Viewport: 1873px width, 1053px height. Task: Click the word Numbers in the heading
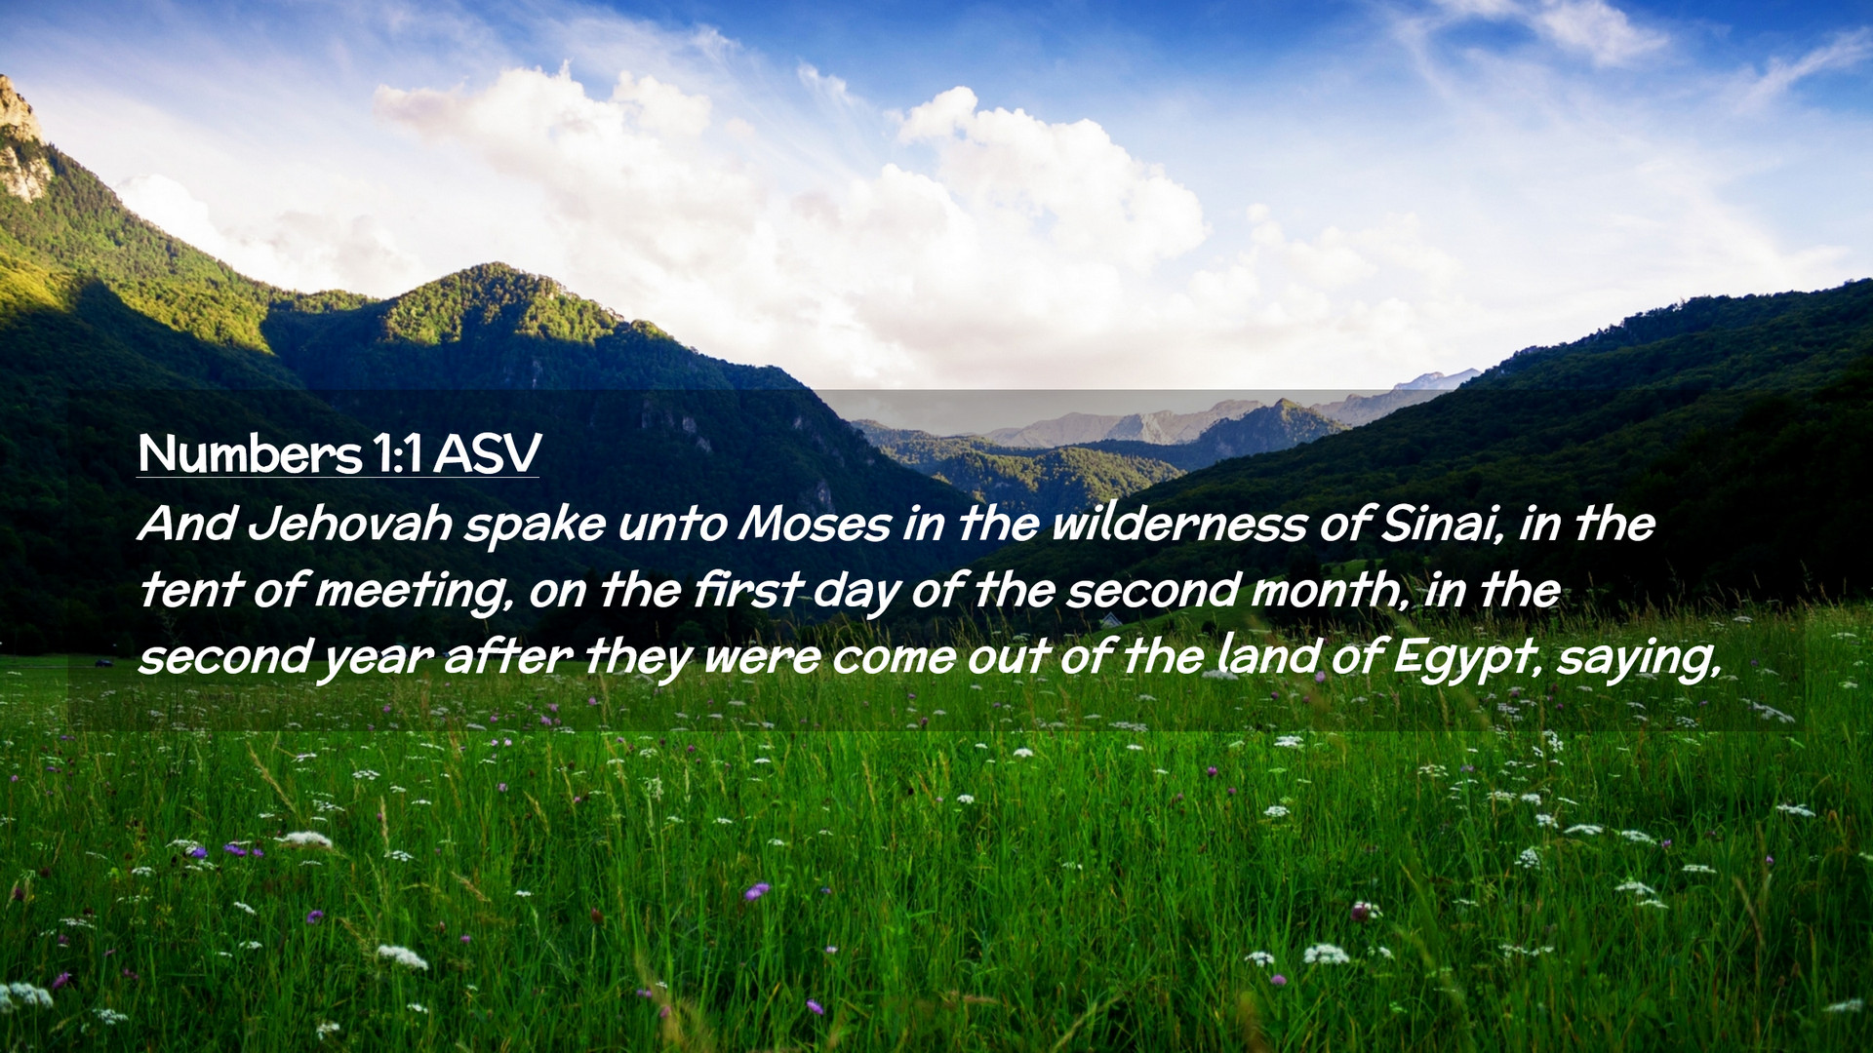click(x=249, y=453)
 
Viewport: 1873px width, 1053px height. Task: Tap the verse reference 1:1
click(x=396, y=453)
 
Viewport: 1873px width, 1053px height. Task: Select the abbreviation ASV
click(x=486, y=453)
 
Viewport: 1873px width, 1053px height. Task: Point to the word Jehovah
click(x=349, y=525)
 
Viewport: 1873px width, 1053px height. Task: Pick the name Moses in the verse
click(x=815, y=525)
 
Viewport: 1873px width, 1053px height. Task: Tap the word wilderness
click(x=1178, y=525)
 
